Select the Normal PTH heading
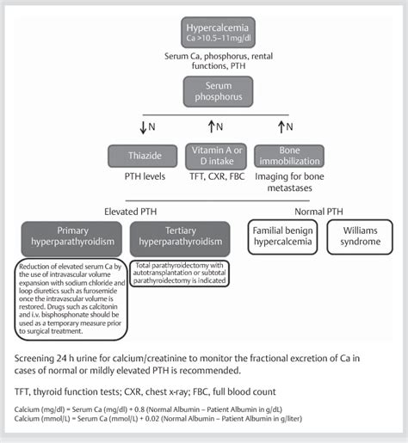(308, 209)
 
